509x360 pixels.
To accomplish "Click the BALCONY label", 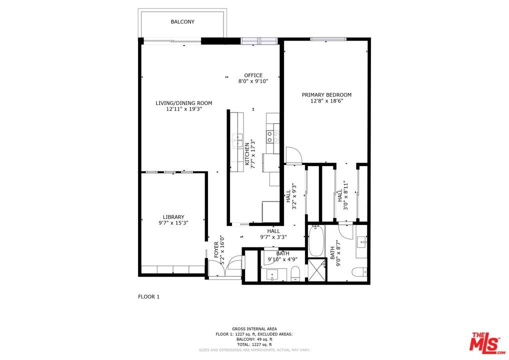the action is point(182,21).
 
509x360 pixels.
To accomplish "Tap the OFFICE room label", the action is point(253,75).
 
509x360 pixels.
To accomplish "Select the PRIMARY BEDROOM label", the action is point(326,95).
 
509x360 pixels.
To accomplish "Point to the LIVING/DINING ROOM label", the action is point(183,103).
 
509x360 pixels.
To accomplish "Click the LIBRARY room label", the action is point(173,217).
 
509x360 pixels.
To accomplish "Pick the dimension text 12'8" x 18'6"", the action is point(326,101).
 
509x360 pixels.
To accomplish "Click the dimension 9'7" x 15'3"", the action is point(173,223).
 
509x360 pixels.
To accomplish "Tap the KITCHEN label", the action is point(247,154).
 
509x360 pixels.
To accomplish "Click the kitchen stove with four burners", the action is point(272,136).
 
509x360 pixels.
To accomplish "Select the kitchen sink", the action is point(237,140).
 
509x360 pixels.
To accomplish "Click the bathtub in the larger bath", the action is point(315,241).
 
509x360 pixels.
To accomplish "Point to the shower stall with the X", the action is point(316,270).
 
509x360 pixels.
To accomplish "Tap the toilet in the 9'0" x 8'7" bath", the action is point(359,271).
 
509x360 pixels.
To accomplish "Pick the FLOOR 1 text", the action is point(148,296).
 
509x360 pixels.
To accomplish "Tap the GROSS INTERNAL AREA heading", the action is point(254,329).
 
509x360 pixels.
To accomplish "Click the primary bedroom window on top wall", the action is point(328,39).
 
